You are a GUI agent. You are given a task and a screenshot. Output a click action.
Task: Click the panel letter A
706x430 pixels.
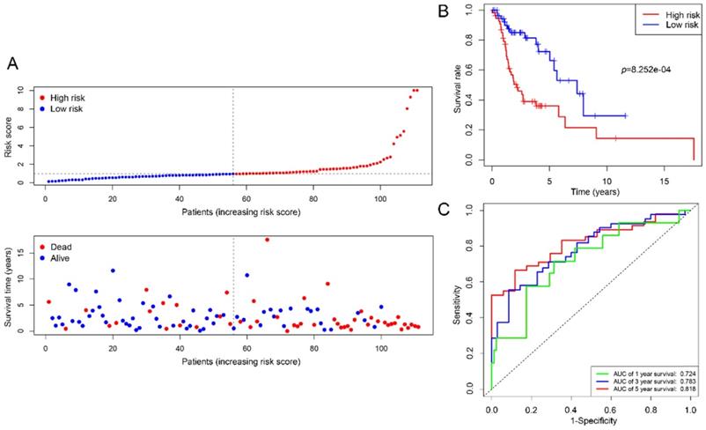13,64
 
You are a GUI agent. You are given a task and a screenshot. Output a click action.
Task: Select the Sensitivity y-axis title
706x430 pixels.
457,300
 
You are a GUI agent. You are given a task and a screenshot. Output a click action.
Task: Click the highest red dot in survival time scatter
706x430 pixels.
267,240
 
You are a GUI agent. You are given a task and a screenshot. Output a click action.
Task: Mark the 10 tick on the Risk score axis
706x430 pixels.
30,90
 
